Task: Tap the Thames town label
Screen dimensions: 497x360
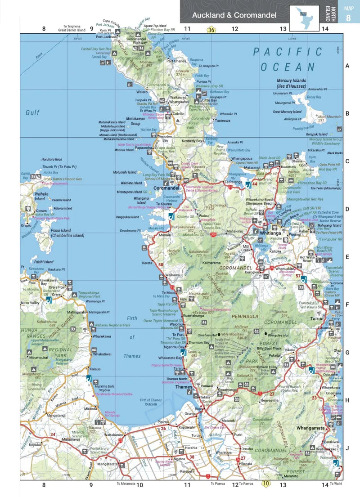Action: click(184, 387)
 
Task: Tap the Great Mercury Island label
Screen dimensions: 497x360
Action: click(287, 112)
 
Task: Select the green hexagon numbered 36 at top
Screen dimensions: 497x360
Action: click(211, 30)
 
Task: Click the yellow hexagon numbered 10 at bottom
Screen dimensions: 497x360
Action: click(266, 484)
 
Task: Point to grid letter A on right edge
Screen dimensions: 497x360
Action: click(347, 66)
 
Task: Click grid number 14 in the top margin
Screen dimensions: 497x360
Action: click(325, 29)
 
